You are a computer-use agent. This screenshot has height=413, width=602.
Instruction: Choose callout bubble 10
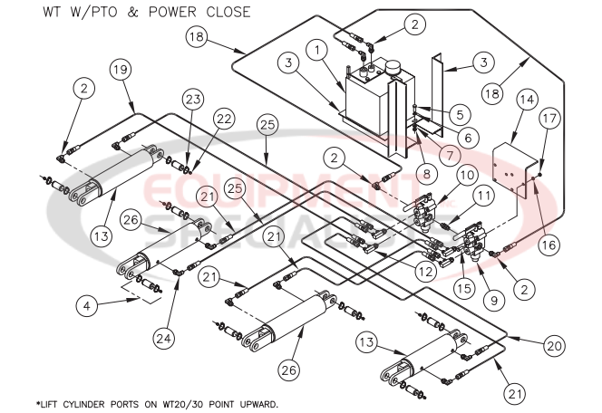coord(467,174)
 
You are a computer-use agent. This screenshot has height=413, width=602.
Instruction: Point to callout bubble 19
coord(120,70)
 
